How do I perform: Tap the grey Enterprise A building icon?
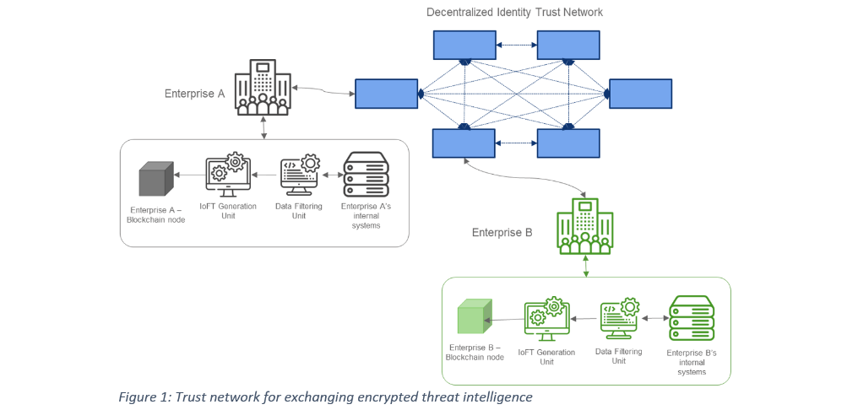[x=263, y=86]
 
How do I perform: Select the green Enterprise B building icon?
[x=584, y=226]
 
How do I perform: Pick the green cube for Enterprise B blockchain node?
[x=474, y=320]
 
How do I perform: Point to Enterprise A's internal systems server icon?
[x=366, y=175]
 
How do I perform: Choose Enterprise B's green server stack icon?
[x=691, y=318]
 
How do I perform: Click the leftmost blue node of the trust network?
[x=386, y=94]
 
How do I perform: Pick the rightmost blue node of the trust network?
[x=641, y=94]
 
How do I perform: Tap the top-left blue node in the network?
[x=464, y=45]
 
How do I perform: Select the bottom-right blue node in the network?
[x=568, y=143]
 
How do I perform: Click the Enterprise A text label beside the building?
[x=194, y=94]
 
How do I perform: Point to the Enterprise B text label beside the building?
[x=502, y=232]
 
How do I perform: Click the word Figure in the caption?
[x=138, y=397]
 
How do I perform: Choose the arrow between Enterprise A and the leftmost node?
[x=323, y=89]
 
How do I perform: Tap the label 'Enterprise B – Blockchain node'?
[x=475, y=352]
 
